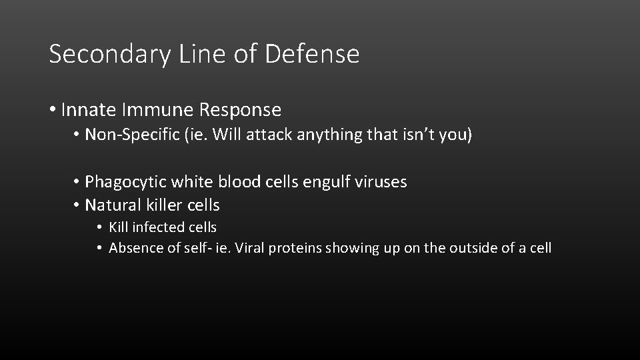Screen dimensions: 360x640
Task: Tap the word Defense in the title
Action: (x=312, y=53)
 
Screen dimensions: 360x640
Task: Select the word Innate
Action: (x=88, y=109)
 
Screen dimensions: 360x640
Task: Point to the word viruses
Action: (x=380, y=182)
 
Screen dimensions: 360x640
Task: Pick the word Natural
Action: (x=111, y=205)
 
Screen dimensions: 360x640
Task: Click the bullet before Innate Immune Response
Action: (x=53, y=110)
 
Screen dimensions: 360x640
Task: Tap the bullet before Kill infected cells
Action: (x=98, y=228)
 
